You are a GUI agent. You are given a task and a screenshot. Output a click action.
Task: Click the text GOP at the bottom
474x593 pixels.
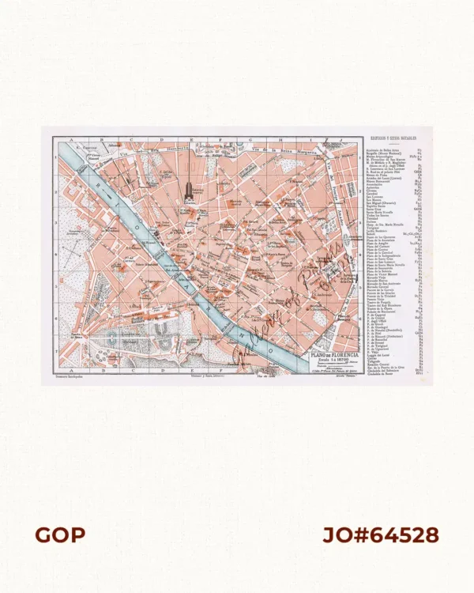click(x=60, y=535)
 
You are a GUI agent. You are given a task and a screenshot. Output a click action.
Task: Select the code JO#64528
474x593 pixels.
click(x=381, y=535)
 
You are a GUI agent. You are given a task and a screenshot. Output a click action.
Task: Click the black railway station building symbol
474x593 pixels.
click(x=189, y=191)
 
